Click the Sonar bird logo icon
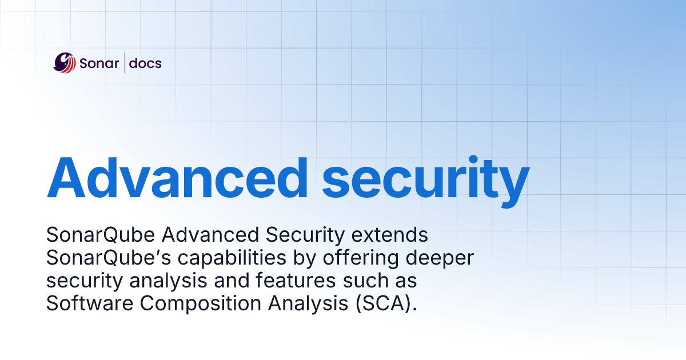[x=65, y=63]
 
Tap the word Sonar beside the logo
[x=98, y=63]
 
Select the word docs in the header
[x=145, y=63]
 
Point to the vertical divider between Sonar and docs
[x=124, y=63]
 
